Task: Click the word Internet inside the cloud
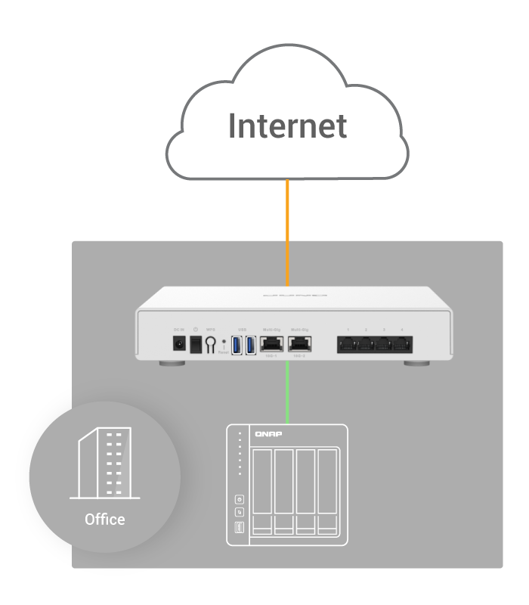tap(288, 126)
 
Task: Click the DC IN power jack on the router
tap(179, 345)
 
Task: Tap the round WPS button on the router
tap(211, 346)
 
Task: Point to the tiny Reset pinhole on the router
tap(223, 342)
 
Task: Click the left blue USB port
tap(237, 346)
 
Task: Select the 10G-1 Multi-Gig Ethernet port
tap(271, 345)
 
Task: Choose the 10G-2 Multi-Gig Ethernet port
tap(299, 345)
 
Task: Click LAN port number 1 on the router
tap(348, 346)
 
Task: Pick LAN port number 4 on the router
tap(403, 346)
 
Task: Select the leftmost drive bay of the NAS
tap(261, 492)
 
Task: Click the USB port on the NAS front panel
tap(240, 527)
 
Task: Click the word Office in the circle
tap(105, 520)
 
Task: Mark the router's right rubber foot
tap(416, 365)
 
